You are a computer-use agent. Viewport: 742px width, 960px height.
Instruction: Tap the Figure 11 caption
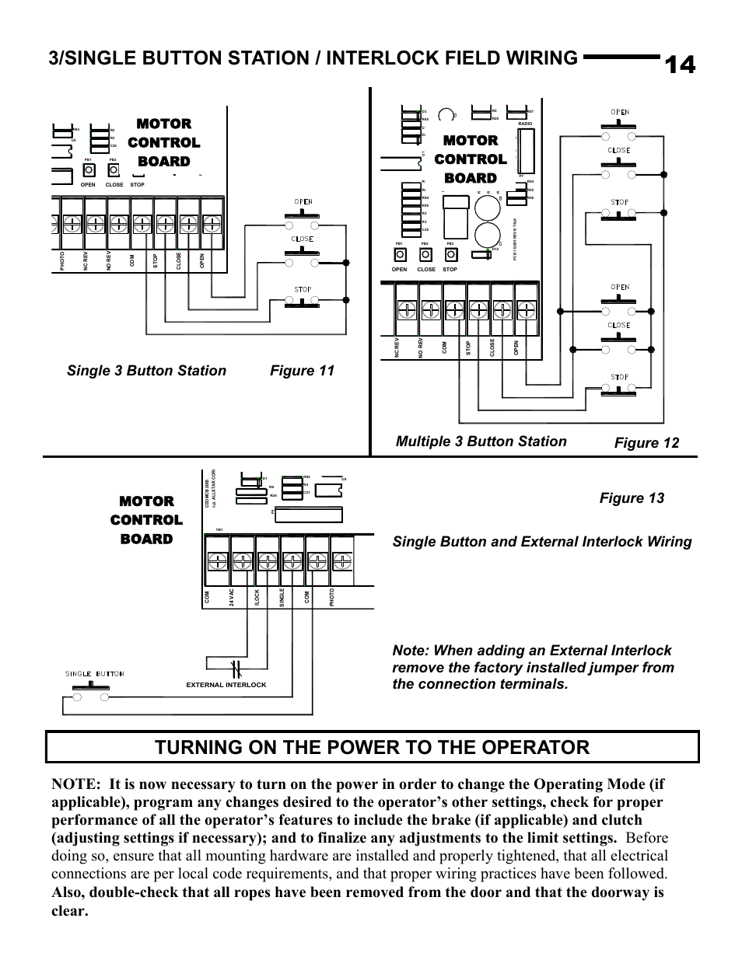tap(302, 371)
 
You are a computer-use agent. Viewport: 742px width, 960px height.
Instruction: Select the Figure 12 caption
tap(646, 442)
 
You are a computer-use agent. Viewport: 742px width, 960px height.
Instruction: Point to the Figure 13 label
tap(632, 498)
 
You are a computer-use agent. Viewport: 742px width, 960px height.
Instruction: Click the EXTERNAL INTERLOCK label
tap(226, 685)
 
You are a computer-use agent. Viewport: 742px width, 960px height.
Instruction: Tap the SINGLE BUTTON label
tap(94, 674)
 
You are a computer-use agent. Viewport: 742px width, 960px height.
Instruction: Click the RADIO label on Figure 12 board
tap(526, 124)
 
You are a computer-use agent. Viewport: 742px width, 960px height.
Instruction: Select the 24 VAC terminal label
tap(232, 597)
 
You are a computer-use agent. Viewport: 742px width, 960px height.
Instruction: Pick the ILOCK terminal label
tap(257, 597)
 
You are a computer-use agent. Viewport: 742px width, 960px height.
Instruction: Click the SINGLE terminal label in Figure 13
tap(282, 597)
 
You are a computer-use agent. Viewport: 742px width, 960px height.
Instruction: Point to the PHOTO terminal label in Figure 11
tap(61, 261)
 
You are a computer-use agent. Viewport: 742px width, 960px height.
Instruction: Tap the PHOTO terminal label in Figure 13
tap(331, 597)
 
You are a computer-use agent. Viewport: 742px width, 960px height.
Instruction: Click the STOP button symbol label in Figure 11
tap(303, 289)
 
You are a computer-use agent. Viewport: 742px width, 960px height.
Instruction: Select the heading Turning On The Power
tap(372, 747)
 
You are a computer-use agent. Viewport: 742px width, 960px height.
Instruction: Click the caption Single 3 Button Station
tap(146, 371)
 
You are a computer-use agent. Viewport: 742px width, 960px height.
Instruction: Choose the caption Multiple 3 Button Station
tap(481, 442)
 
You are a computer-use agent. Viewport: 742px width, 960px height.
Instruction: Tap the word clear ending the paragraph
tap(69, 909)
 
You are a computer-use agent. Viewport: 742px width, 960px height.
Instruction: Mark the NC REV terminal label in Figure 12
tap(397, 349)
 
